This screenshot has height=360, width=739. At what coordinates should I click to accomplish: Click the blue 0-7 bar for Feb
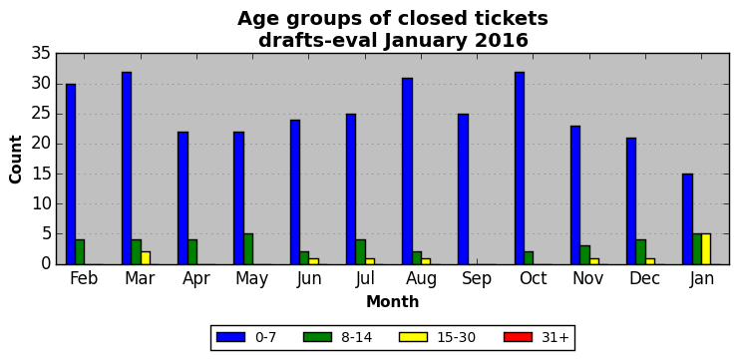point(71,174)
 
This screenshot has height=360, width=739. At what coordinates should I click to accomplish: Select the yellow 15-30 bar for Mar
point(146,257)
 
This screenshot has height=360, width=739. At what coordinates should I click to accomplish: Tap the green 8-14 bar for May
point(248,248)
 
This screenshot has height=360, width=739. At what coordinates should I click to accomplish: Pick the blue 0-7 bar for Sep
point(464,188)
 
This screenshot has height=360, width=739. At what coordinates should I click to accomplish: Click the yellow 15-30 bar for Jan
point(706,248)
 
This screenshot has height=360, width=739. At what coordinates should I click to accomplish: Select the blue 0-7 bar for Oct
point(520,169)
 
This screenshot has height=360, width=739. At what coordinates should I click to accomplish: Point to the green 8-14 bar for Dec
point(640,252)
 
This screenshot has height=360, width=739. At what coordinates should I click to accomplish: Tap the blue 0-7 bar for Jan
point(687,219)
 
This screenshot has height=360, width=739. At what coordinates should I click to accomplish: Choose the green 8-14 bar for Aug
point(417,257)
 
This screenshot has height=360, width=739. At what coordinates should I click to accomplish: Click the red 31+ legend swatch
point(518,337)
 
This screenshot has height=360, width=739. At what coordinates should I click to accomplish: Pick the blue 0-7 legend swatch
point(230,337)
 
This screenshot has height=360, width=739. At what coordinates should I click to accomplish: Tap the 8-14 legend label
point(356,337)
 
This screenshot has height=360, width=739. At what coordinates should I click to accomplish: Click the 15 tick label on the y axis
point(41,174)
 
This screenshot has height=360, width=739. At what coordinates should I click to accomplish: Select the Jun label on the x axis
point(309,278)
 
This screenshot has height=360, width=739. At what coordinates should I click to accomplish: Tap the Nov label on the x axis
point(587,278)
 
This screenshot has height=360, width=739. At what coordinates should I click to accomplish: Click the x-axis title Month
point(393,301)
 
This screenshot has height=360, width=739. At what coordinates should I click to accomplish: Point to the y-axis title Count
point(16,160)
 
